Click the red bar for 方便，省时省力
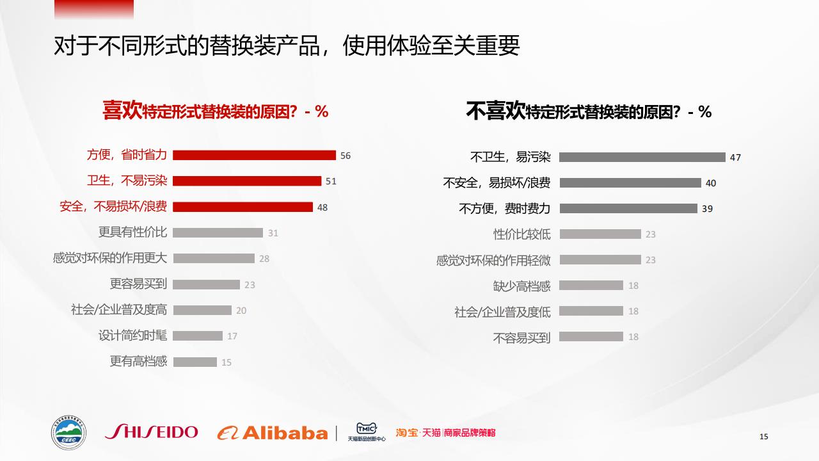pyautogui.click(x=254, y=155)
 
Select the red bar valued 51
pyautogui.click(x=247, y=181)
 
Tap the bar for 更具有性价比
pyautogui.click(x=218, y=233)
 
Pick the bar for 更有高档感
pyautogui.click(x=195, y=362)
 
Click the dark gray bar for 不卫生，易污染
pyautogui.click(x=642, y=158)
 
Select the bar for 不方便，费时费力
pyautogui.click(x=628, y=209)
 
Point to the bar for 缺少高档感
pyautogui.click(x=591, y=286)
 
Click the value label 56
pyautogui.click(x=346, y=156)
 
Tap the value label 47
pyautogui.click(x=735, y=158)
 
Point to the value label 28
pyautogui.click(x=264, y=259)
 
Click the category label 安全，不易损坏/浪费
pyautogui.click(x=113, y=207)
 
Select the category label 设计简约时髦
pyautogui.click(x=132, y=336)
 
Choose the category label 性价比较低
pyautogui.click(x=521, y=234)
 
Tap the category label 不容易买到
pyautogui.click(x=521, y=337)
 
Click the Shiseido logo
pyautogui.click(x=152, y=432)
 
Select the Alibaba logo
pyautogui.click(x=273, y=433)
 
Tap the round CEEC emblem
pyautogui.click(x=68, y=432)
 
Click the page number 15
pyautogui.click(x=763, y=437)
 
